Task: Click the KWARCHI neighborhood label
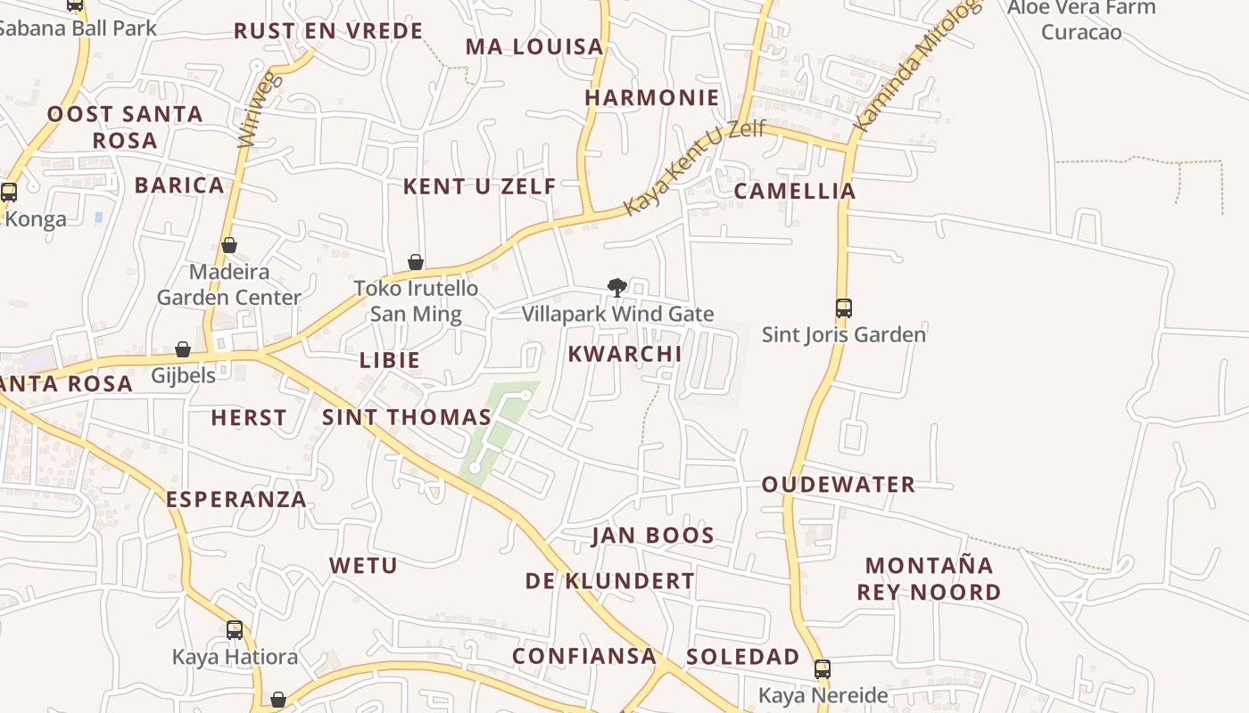coord(624,354)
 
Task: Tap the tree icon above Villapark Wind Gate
coord(616,287)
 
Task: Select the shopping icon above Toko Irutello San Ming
coord(415,262)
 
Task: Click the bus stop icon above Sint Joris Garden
coord(843,308)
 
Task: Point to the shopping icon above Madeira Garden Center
coord(229,245)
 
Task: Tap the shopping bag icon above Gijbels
coord(183,349)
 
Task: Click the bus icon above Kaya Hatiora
coord(234,630)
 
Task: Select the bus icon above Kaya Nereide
coord(822,668)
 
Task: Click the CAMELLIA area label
coord(794,191)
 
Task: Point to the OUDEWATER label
coord(838,485)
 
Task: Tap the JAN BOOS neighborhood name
coord(653,536)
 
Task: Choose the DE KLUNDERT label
coord(609,581)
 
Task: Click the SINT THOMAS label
coord(406,417)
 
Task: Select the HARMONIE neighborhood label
coord(651,98)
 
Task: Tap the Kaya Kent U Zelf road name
coord(694,168)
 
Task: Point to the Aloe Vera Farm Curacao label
coord(1080,20)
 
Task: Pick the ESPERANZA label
coord(236,499)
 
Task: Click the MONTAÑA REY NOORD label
coord(929,578)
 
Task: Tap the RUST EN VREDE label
coord(327,31)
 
